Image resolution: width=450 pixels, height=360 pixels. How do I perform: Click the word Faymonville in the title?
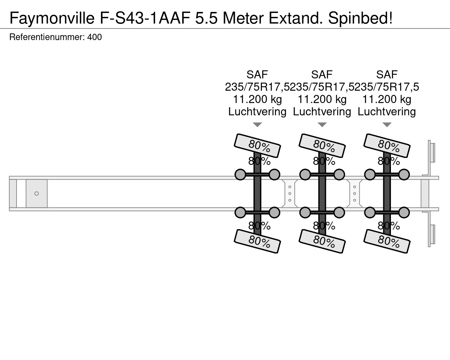[52, 18]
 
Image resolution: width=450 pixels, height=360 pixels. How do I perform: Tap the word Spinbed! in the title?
[360, 18]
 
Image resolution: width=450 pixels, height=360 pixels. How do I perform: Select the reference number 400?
[95, 37]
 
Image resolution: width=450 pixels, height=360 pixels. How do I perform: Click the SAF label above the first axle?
[257, 75]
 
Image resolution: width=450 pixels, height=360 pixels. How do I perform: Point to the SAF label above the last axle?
[387, 75]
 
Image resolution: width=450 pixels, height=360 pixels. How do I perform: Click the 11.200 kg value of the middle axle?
[322, 99]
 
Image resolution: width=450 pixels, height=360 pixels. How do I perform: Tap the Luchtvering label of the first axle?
[257, 111]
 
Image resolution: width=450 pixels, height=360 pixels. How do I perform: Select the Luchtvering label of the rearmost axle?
[387, 111]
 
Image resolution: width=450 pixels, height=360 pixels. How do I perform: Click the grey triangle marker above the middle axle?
[322, 125]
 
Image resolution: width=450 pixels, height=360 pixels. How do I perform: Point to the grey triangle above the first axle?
[257, 125]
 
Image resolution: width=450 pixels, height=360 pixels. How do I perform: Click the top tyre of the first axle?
[257, 146]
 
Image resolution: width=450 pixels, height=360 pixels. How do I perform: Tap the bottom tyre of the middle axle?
[322, 241]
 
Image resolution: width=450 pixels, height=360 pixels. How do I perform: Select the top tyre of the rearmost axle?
[387, 146]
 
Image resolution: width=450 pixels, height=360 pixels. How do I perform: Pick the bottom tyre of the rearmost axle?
[387, 241]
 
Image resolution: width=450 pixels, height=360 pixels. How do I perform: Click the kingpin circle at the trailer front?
[37, 193]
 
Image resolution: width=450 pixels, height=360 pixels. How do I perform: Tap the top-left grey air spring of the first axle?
[240, 174]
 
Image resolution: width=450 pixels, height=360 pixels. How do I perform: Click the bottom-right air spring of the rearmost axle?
[404, 213]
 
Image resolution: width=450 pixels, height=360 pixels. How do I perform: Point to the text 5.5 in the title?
[206, 18]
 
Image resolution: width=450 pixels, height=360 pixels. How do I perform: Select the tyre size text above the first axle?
[257, 87]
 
